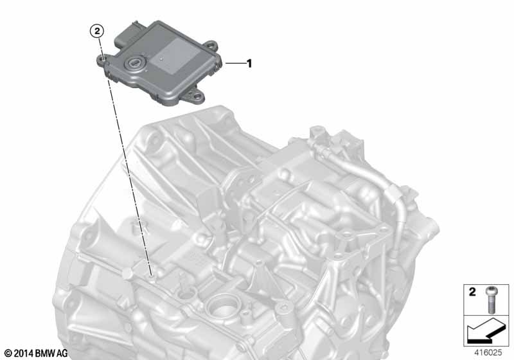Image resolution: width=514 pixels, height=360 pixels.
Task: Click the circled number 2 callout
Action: (x=96, y=30)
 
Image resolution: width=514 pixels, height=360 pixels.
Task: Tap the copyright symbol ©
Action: (x=7, y=353)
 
